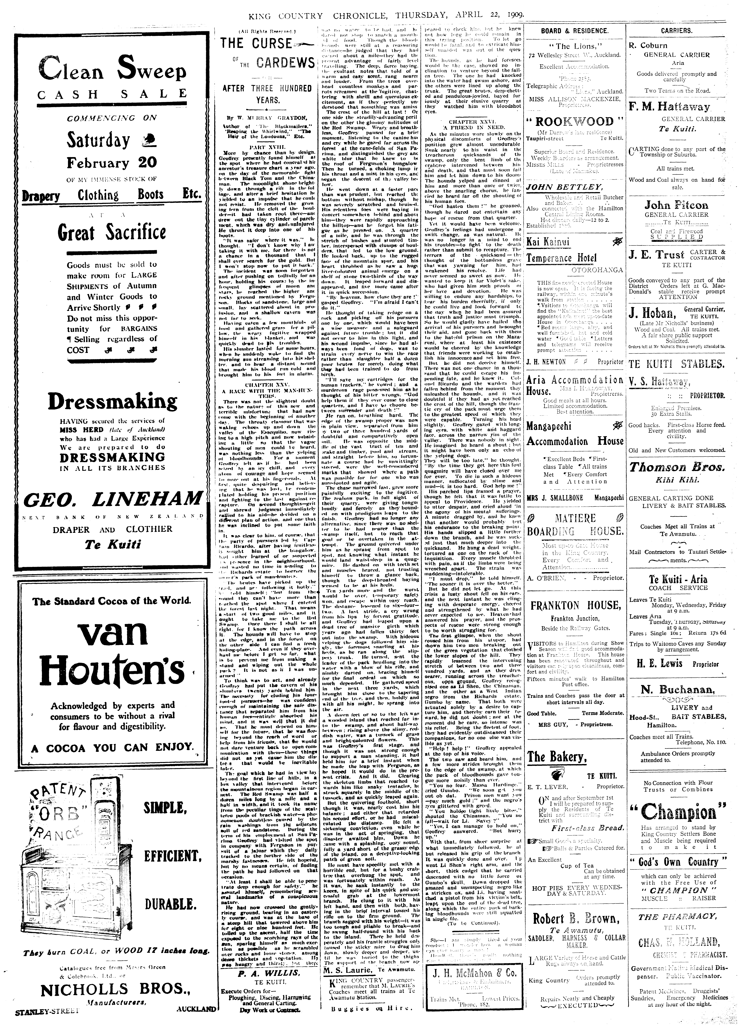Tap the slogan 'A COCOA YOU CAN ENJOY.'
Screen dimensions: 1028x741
click(112, 747)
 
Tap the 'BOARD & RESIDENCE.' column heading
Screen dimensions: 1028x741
click(574, 31)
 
